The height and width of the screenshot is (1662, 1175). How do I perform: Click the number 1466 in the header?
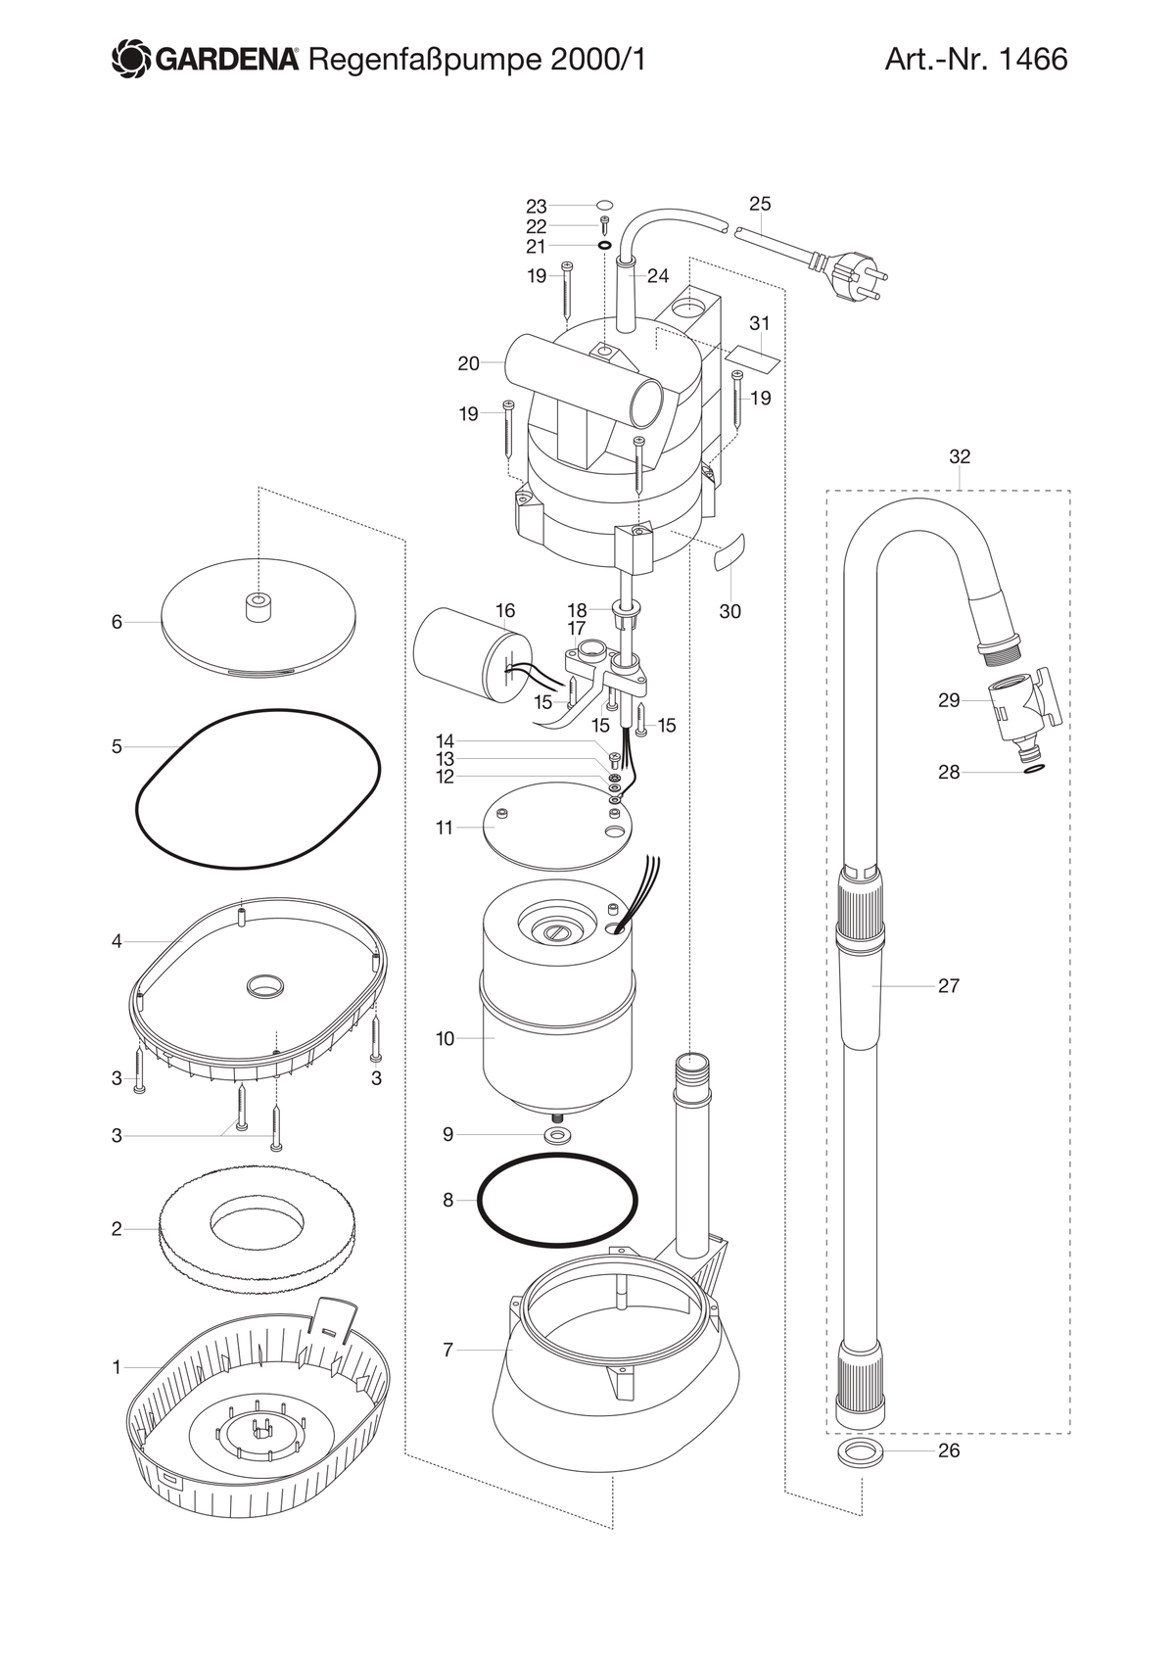pos(1033,60)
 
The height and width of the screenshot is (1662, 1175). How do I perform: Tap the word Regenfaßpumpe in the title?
pos(425,61)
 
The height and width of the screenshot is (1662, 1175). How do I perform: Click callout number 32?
pos(960,456)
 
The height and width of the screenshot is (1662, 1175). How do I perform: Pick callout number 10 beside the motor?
pos(445,1038)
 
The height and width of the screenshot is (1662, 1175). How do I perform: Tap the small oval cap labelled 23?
pos(605,205)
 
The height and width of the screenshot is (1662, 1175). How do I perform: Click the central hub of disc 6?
pos(258,607)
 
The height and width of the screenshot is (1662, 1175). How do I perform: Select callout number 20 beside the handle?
pos(468,363)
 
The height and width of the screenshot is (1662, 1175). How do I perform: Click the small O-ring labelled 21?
pos(604,245)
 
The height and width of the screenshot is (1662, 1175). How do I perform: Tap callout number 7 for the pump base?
pos(447,1350)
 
